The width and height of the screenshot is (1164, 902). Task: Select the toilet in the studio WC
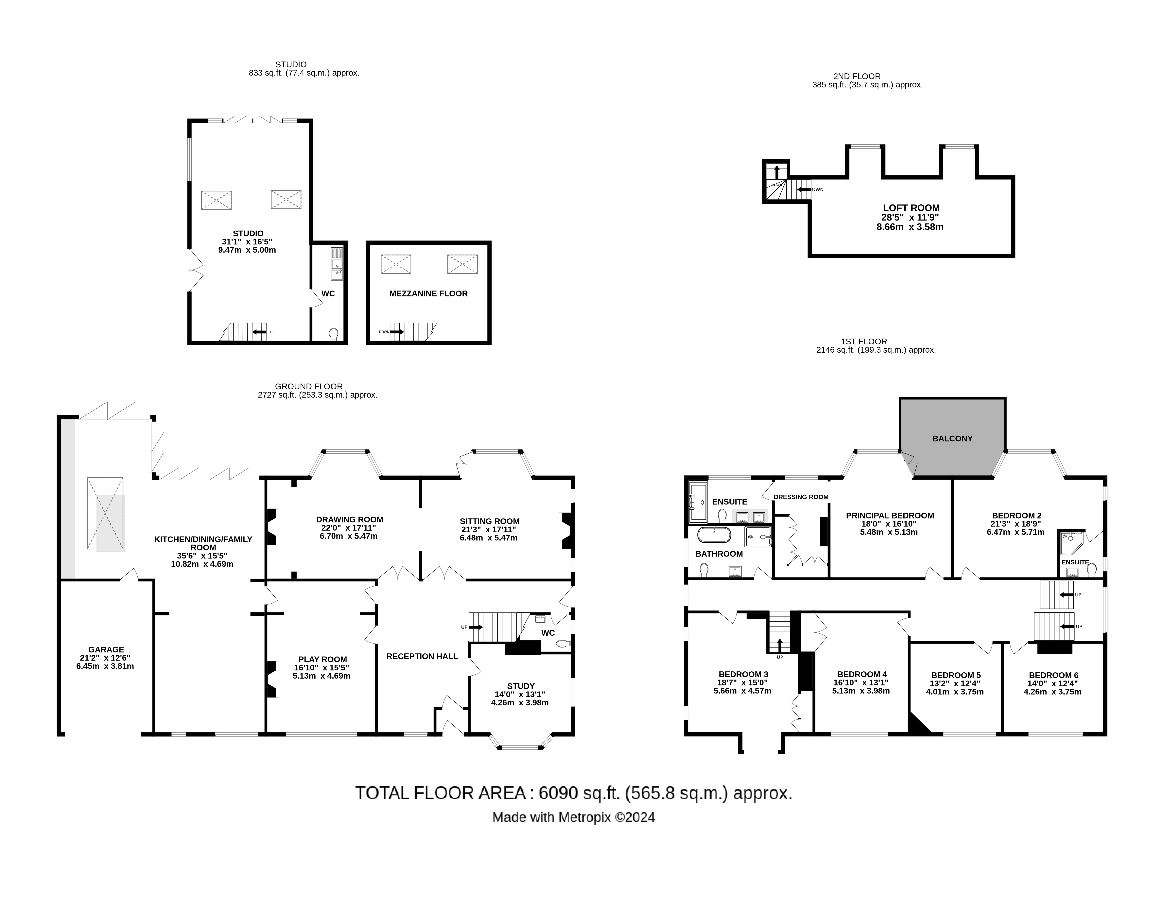(x=334, y=334)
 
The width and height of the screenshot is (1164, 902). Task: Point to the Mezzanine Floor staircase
(x=411, y=332)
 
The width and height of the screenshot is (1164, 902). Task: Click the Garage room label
(x=106, y=649)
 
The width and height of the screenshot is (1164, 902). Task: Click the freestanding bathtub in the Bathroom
(x=714, y=535)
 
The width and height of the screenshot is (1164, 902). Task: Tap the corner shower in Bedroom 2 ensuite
(x=1071, y=543)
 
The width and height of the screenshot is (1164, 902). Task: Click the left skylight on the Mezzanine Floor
(x=395, y=264)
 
